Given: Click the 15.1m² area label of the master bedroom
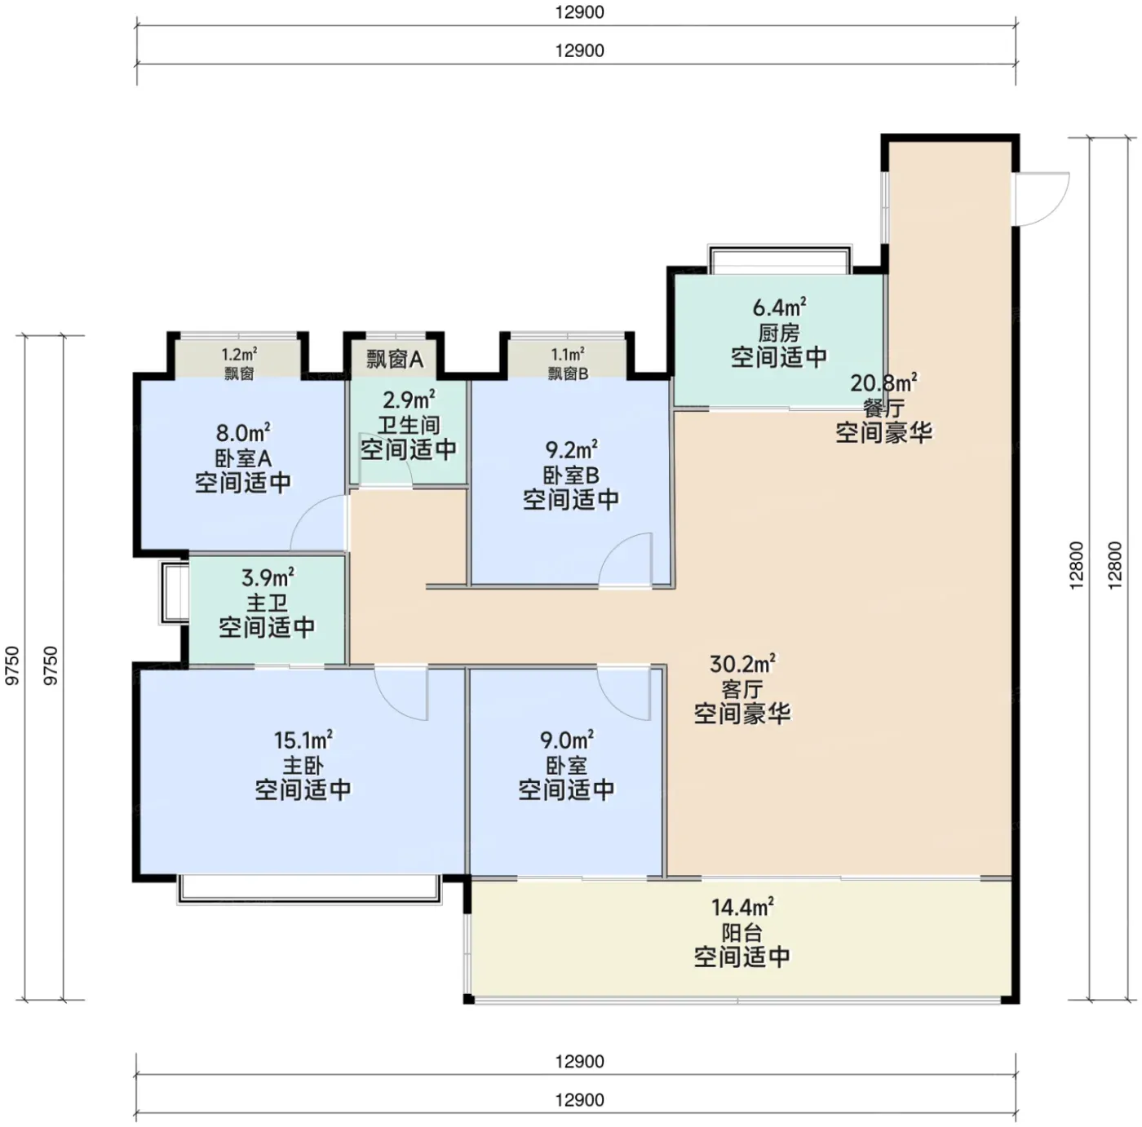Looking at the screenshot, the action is pyautogui.click(x=303, y=740).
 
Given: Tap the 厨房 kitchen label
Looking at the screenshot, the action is pyautogui.click(x=779, y=333).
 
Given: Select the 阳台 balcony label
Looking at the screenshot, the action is pyautogui.click(x=742, y=933).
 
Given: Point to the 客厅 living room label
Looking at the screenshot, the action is pyautogui.click(x=742, y=690).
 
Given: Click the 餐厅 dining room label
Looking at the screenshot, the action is pyautogui.click(x=883, y=409).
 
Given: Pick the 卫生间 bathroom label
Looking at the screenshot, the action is pyautogui.click(x=409, y=425).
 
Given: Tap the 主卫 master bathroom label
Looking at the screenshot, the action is pyautogui.click(x=267, y=603).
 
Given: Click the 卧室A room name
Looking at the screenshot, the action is pyautogui.click(x=243, y=458).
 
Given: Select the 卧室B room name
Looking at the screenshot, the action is pyautogui.click(x=571, y=475).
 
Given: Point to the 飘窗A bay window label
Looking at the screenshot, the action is pyautogui.click(x=395, y=359).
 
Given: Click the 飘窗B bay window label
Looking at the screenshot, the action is pyautogui.click(x=568, y=373).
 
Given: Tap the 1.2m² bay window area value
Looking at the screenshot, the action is pyautogui.click(x=240, y=355).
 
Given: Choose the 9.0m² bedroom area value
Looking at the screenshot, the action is pyautogui.click(x=567, y=740).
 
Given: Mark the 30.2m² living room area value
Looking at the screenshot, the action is pyautogui.click(x=742, y=665).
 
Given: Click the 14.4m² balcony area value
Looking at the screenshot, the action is pyautogui.click(x=742, y=907).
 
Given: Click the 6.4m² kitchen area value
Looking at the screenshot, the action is pyautogui.click(x=779, y=307).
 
